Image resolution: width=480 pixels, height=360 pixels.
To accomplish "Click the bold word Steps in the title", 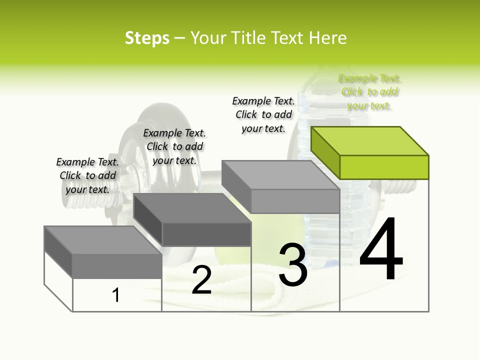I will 146,38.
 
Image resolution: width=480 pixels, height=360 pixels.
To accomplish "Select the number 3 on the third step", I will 293,264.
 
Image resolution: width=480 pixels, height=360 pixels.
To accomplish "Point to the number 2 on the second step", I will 201,280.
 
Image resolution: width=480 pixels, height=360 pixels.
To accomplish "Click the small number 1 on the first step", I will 116,295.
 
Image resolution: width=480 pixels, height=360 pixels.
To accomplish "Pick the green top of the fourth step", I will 370,141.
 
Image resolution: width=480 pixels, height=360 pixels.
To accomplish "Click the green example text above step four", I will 370,92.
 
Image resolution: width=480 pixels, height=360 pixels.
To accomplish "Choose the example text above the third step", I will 263,114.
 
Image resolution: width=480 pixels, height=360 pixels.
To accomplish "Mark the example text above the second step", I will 174,146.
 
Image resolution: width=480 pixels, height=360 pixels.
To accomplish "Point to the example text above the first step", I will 87,175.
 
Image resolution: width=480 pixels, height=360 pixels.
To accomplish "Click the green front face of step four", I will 384,167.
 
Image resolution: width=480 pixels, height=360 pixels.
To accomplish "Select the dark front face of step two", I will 206,234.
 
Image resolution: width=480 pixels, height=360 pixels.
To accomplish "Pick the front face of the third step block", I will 295,201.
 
